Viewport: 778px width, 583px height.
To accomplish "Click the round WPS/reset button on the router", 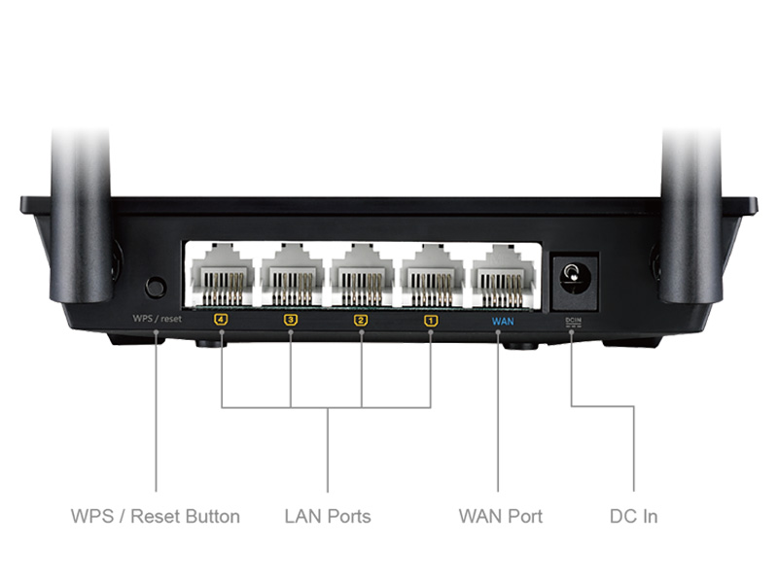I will point(155,287).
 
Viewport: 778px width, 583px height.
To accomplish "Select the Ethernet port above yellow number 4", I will point(222,276).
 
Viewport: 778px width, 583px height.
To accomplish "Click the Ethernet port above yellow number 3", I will point(292,276).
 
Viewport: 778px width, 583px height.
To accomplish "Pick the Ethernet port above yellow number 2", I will point(361,276).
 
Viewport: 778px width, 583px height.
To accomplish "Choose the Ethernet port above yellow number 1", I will point(431,276).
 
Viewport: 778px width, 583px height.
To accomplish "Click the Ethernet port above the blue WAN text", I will point(501,276).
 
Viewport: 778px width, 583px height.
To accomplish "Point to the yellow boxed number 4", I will point(221,319).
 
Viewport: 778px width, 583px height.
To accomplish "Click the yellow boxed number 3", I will point(291,319).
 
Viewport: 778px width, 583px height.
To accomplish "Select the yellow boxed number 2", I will point(361,319).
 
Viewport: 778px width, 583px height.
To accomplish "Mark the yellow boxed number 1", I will point(431,319).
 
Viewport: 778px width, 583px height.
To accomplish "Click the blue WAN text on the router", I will point(501,319).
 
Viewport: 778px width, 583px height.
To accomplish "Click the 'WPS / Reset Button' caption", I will point(156,516).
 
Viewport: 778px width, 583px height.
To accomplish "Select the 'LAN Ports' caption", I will point(328,516).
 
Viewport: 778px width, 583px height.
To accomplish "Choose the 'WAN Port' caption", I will point(500,516).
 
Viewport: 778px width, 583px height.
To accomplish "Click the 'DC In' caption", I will point(633,516).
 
